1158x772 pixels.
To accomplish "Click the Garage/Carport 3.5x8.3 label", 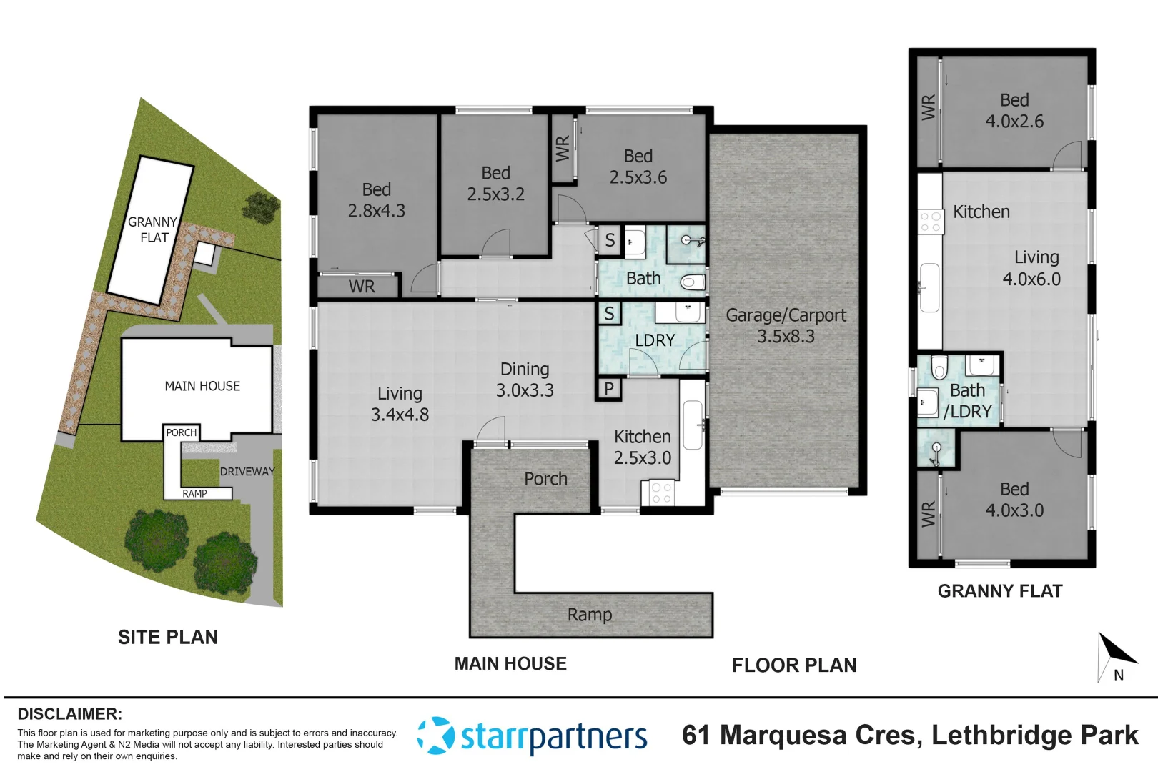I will tap(786, 326).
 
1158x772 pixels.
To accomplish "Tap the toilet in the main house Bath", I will tap(691, 282).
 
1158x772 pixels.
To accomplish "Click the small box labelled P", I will tap(609, 389).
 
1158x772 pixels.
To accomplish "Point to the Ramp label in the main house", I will tap(590, 615).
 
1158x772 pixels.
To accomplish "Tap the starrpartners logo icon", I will tap(435, 736).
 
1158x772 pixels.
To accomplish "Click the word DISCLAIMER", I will tap(69, 713).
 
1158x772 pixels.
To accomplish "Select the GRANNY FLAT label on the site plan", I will tap(152, 229).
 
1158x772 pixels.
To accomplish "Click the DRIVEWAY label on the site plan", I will tap(247, 472).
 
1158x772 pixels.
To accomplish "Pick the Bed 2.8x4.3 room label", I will tap(376, 200).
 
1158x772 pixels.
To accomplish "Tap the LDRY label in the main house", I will tap(655, 340).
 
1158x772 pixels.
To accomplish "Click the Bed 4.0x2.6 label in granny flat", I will tap(1014, 111).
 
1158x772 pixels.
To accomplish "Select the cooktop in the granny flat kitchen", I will tap(930, 222).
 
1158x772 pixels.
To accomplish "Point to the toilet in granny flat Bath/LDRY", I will tap(939, 367).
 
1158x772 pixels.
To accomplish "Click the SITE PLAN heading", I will tap(167, 637).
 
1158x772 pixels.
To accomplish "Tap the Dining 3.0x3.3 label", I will tap(525, 380).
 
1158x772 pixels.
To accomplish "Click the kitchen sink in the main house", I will tap(691, 425).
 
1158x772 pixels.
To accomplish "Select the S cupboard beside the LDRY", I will tap(609, 313).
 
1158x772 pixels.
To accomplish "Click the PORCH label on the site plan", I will tap(181, 432).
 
